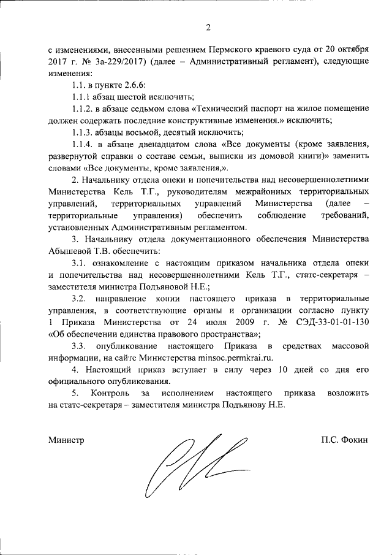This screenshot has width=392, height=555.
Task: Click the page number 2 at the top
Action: click(208, 28)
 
